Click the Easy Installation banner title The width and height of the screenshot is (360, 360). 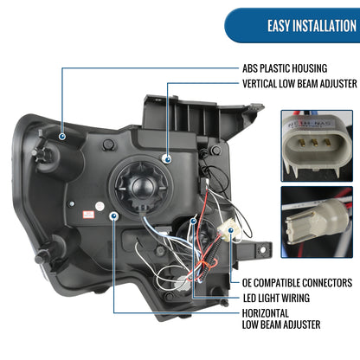click(312, 26)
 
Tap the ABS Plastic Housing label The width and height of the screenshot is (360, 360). click(285, 68)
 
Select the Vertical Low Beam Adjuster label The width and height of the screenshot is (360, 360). click(299, 84)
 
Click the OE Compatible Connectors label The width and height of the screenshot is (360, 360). click(297, 283)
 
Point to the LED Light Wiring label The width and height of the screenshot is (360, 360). click(276, 298)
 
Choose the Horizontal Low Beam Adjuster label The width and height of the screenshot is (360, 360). click(281, 319)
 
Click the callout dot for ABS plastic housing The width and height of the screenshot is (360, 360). click(62, 137)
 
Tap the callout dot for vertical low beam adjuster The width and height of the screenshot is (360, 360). click(167, 159)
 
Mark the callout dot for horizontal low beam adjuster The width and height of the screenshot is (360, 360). click(114, 215)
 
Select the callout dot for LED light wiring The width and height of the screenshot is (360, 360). click(193, 222)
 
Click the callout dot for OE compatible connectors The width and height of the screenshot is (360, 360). click(231, 230)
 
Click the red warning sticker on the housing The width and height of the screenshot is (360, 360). click(88, 215)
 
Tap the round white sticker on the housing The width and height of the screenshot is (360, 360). click(100, 206)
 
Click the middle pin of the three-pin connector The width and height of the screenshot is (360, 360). click(314, 142)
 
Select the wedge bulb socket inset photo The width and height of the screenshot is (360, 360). click(317, 222)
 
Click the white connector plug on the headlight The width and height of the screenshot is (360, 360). click(226, 228)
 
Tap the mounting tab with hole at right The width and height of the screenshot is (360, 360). click(260, 249)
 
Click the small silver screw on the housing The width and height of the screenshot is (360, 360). click(71, 204)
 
